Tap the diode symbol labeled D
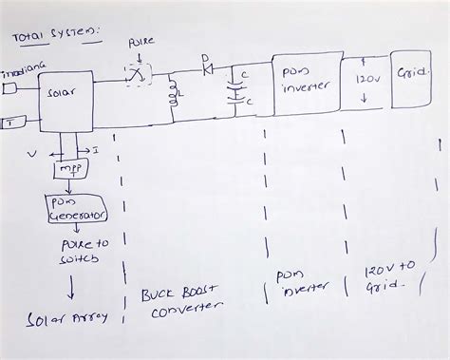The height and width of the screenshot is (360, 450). click(206, 71)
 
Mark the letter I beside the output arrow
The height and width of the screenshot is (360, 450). click(96, 149)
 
